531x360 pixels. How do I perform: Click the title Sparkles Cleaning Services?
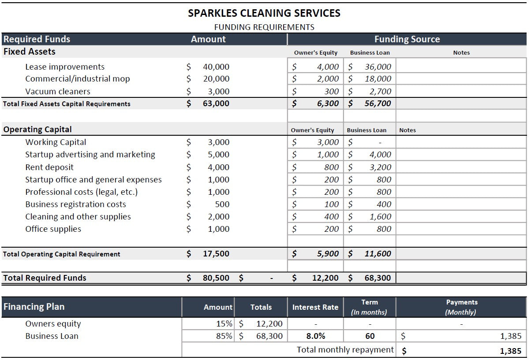click(264, 13)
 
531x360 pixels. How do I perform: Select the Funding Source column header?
click(407, 39)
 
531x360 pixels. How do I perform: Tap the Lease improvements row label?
click(65, 67)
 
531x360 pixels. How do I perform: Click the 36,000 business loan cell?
click(378, 67)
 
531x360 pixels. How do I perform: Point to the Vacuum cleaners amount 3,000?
click(218, 92)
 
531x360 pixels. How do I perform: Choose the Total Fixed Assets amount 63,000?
click(216, 104)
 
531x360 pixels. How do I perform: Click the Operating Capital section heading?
click(37, 130)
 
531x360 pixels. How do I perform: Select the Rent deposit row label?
click(49, 167)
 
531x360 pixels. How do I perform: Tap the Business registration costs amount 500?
click(222, 204)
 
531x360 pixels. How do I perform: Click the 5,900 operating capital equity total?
click(328, 254)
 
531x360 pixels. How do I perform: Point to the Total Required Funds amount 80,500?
click(216, 278)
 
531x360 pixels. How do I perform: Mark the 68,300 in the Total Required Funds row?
click(378, 278)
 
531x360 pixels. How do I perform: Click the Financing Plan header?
click(34, 307)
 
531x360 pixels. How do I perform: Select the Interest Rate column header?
click(315, 307)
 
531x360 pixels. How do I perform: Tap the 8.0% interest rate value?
click(315, 336)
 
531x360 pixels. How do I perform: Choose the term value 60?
click(370, 336)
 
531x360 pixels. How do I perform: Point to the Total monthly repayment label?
click(345, 350)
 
